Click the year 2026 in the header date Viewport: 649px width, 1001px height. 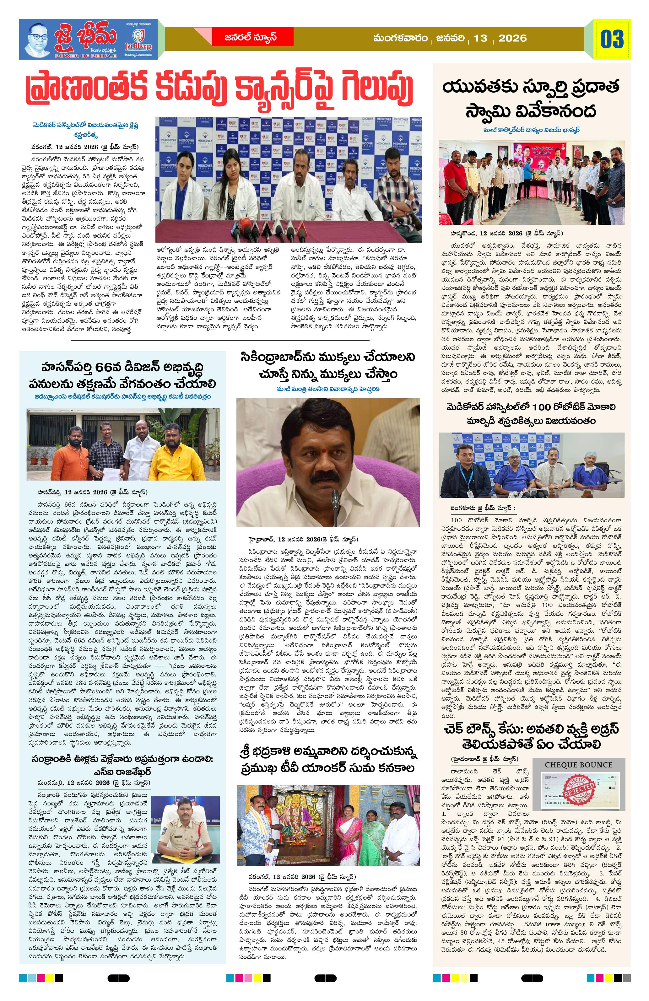click(512, 38)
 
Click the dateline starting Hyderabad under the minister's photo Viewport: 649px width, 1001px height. click(303, 539)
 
